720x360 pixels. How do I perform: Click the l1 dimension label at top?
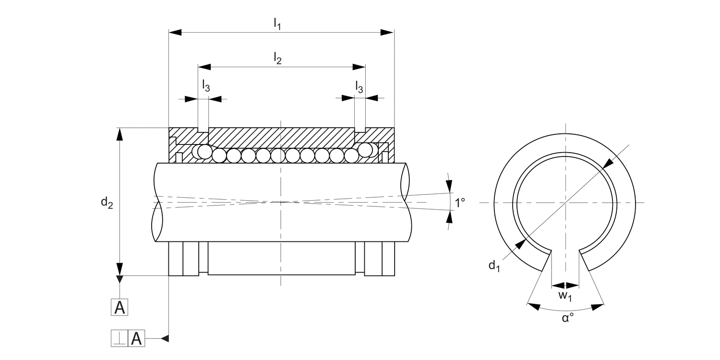point(277,22)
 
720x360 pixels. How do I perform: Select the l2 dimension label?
point(277,58)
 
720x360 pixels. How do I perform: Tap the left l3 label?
point(206,86)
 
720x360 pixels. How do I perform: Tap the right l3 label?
point(359,86)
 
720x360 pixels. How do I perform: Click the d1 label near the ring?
point(494,265)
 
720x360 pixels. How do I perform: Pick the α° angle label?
point(568,318)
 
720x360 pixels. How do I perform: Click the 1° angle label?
point(460,203)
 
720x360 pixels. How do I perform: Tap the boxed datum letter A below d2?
point(120,307)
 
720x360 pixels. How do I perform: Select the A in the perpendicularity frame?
point(136,339)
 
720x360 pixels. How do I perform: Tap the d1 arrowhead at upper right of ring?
point(607,163)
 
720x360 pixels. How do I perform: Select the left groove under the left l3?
point(204,131)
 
